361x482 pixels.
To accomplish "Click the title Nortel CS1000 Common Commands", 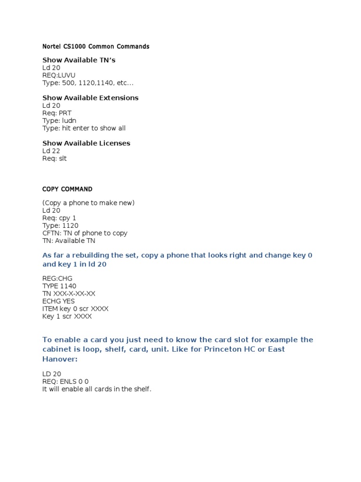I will [96, 47].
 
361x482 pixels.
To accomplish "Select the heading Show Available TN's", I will [78, 60].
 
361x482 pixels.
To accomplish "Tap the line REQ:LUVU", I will [59, 75].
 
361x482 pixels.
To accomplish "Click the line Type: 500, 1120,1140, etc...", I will [88, 83].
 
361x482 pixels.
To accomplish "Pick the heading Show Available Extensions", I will [90, 98].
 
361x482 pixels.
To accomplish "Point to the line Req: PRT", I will [57, 113].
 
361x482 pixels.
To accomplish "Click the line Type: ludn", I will [59, 120].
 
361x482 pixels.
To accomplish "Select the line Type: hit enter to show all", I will [84, 128].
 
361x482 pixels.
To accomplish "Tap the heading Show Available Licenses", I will [86, 143].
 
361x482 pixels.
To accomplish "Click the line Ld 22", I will [51, 151].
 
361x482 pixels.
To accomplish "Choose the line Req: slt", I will [55, 158].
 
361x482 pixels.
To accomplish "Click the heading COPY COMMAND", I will [67, 189].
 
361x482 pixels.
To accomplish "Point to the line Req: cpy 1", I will [59, 218].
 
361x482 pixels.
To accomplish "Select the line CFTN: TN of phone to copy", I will [85, 233].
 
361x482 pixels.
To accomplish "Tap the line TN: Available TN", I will [69, 241].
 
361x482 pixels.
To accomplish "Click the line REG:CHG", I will [57, 279].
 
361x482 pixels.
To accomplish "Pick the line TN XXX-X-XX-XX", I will [69, 294].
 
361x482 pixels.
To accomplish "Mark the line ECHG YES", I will [58, 301].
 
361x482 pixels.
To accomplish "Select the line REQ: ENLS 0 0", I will [65, 382].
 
